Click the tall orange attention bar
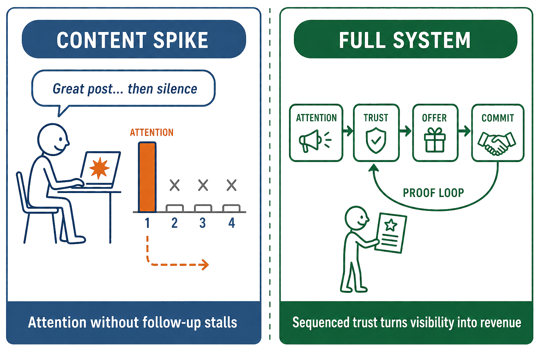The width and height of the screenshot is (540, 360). (x=147, y=177)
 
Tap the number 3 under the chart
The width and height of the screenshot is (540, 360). (x=202, y=223)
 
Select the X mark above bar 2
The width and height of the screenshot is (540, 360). (x=174, y=185)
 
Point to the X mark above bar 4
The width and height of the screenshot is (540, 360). (x=232, y=185)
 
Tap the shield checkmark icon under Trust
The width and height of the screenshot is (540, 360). (x=376, y=141)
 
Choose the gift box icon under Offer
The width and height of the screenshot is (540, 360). (x=435, y=140)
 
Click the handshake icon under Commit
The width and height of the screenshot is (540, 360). (x=497, y=143)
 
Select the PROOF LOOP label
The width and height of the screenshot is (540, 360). (x=433, y=193)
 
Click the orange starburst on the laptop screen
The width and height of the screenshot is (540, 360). (x=99, y=168)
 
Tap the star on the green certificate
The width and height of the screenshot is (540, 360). (x=391, y=225)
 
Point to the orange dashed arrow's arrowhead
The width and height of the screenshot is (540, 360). (x=205, y=264)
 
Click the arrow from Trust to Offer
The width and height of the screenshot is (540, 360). (x=405, y=131)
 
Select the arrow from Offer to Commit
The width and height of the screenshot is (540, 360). (x=464, y=131)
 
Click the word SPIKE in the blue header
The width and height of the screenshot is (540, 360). (x=181, y=40)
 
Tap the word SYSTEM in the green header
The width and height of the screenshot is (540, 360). (x=431, y=40)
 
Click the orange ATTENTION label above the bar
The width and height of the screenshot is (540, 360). (x=152, y=133)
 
